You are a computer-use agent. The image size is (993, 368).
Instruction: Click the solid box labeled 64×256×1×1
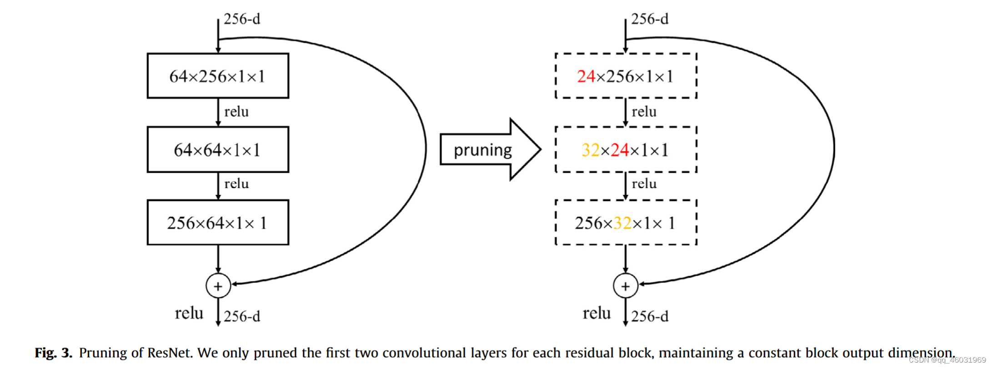[218, 76]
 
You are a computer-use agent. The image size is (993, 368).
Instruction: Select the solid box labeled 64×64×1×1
[218, 149]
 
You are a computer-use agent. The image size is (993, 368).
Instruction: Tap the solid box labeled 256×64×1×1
[218, 223]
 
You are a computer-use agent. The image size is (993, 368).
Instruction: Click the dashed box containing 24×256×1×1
[626, 76]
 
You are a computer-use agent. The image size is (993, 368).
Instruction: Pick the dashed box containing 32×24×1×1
[626, 149]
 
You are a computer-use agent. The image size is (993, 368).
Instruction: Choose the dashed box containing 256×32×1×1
[626, 223]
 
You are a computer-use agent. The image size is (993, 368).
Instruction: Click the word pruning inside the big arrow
[482, 150]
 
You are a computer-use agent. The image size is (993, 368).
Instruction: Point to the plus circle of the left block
[218, 286]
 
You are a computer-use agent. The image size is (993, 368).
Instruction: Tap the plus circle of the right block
[626, 286]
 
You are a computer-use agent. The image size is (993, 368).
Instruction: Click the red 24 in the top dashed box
[586, 76]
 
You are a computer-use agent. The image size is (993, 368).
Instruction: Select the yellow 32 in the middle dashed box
[591, 150]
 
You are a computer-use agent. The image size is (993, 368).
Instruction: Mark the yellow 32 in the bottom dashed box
[622, 223]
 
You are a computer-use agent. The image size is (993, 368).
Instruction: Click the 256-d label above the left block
[242, 19]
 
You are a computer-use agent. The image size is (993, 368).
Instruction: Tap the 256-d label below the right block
[650, 316]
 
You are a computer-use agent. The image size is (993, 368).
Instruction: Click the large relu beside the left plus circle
[189, 313]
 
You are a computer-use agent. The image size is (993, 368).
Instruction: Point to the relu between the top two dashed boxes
[644, 112]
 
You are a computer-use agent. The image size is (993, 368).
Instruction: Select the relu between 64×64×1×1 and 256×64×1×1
[236, 184]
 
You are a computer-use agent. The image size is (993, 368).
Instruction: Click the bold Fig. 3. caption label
[53, 353]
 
